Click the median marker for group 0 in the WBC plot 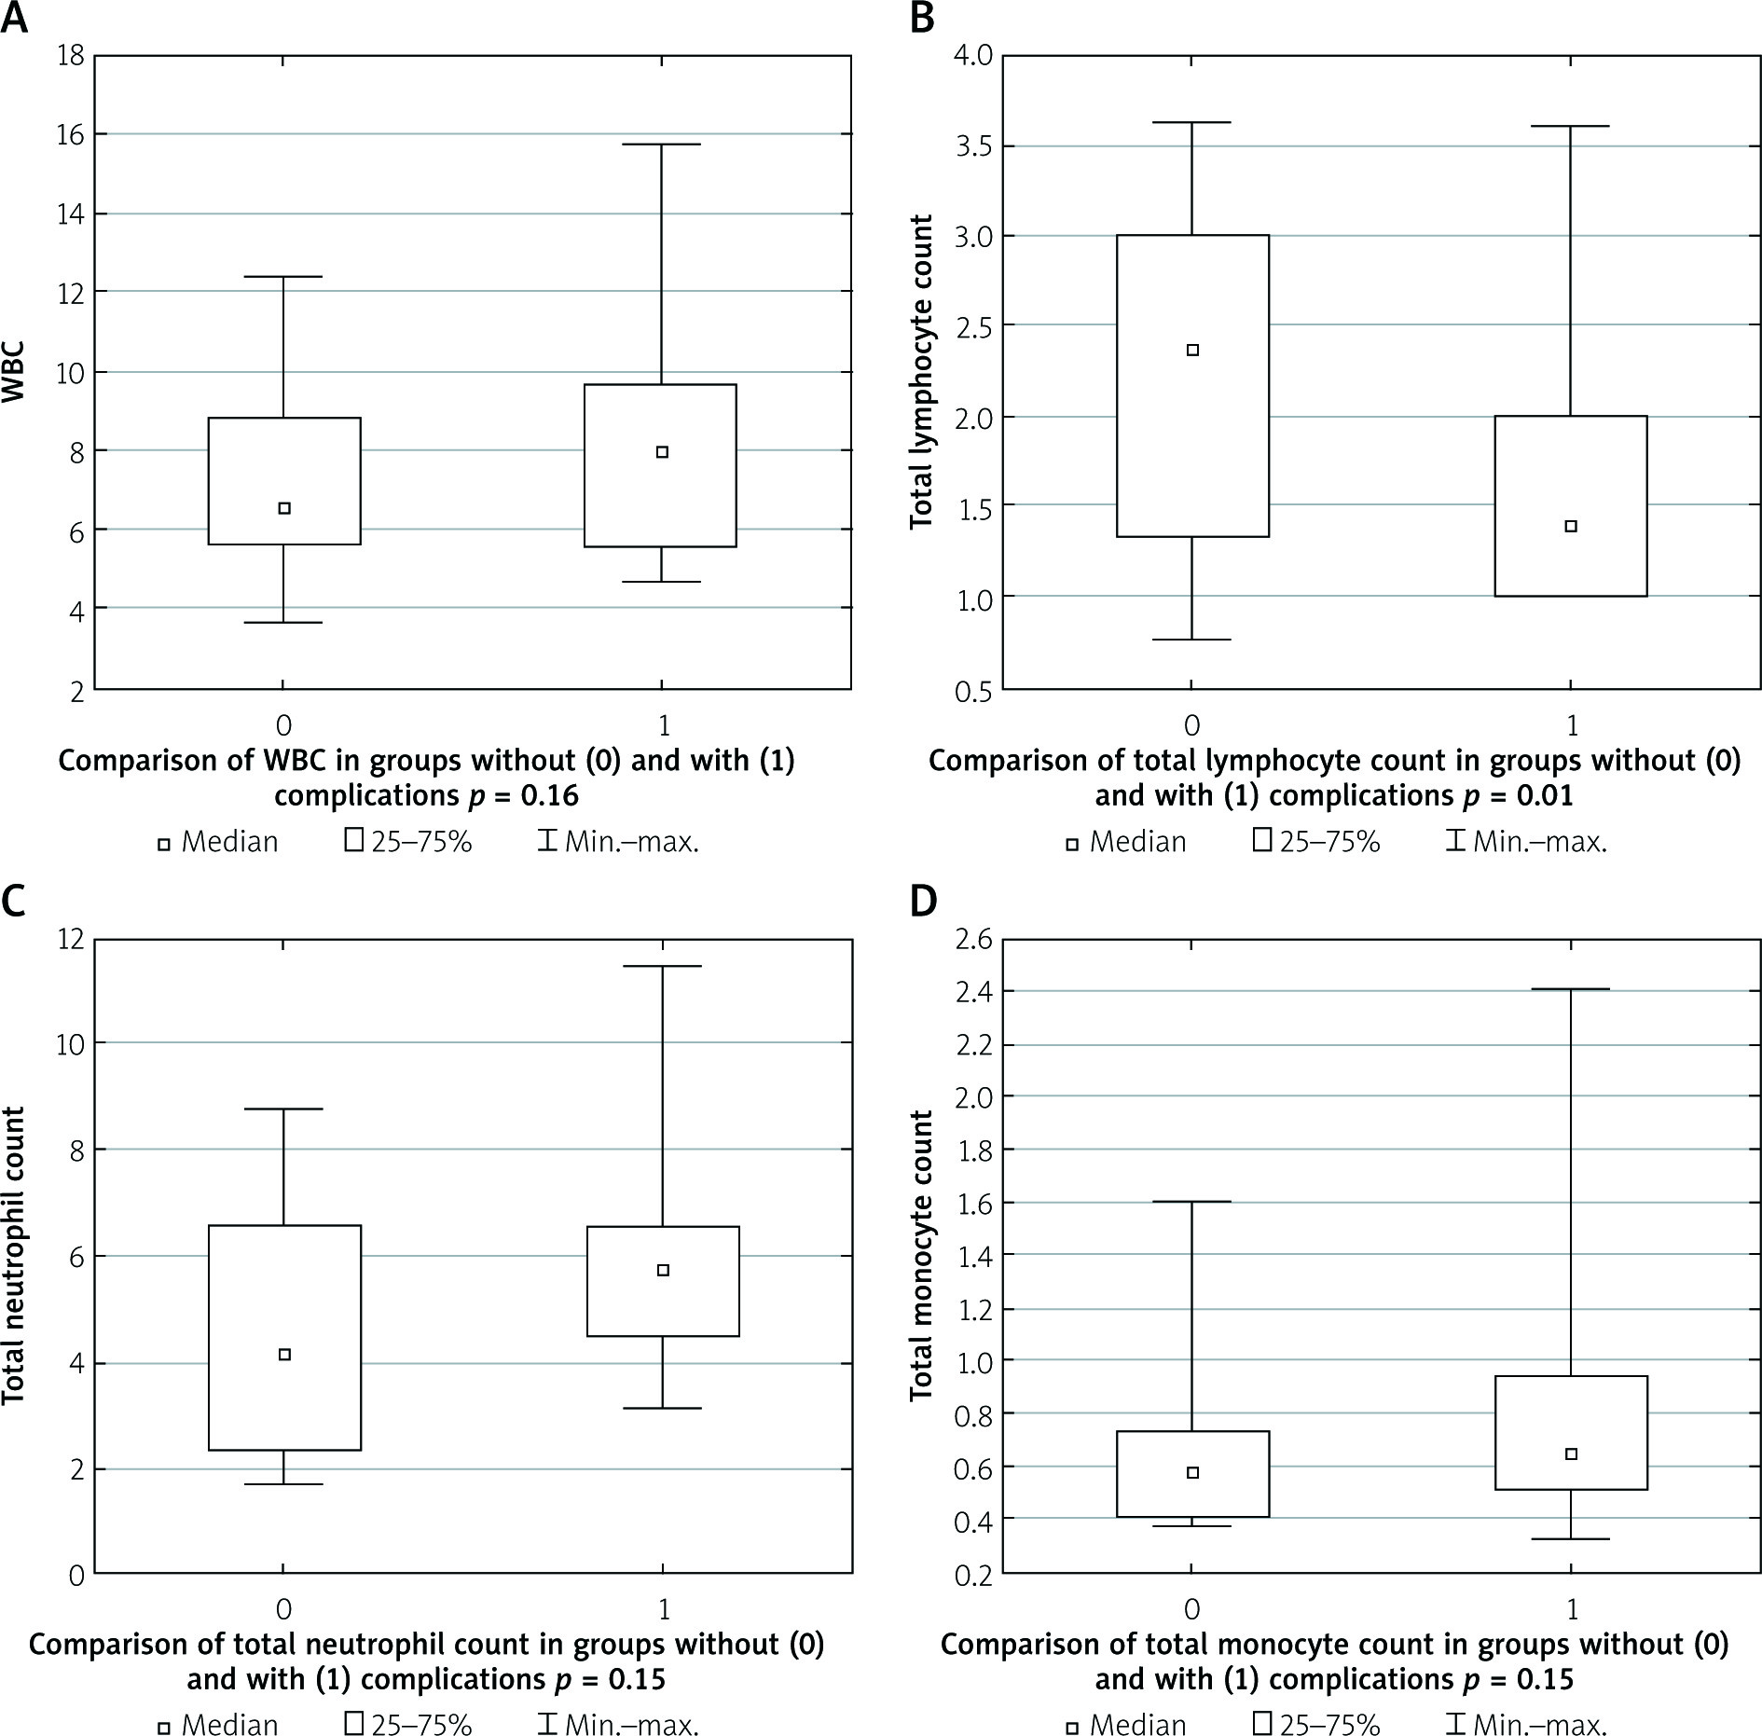(x=285, y=508)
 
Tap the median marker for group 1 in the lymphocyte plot (x=1571, y=526)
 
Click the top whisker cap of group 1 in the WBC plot (x=662, y=145)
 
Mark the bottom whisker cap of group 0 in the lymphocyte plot (x=1192, y=640)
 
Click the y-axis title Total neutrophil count (x=13, y=1256)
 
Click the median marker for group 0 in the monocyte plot (x=1192, y=1472)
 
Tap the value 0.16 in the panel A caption (x=549, y=796)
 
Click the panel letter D (x=923, y=903)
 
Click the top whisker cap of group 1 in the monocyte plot (x=1571, y=989)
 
